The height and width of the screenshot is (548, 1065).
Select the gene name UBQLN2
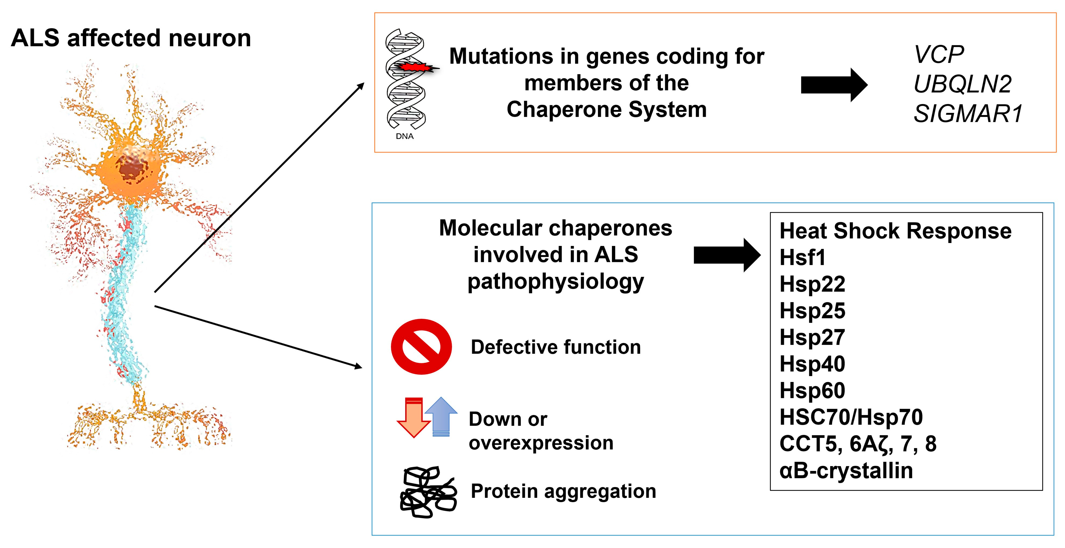(962, 84)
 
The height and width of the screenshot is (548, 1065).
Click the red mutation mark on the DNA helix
(413, 67)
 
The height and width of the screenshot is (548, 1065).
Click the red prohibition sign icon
(421, 347)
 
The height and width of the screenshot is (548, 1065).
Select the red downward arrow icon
(413, 417)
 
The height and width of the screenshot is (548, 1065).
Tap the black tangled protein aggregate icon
(428, 492)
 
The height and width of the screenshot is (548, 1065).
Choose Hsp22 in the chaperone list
(812, 284)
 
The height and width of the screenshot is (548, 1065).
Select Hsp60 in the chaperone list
(812, 390)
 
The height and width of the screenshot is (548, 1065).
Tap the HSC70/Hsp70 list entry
(851, 417)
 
